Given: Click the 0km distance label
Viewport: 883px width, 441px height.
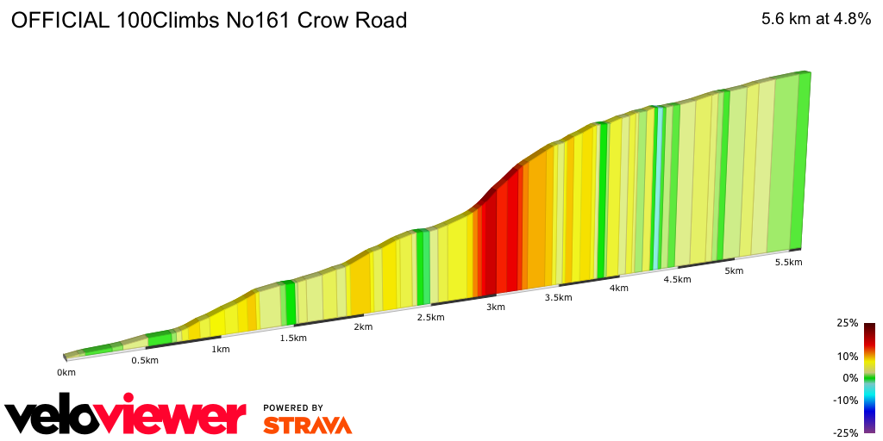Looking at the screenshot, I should (66, 372).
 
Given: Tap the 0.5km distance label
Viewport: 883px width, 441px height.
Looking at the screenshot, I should (145, 361).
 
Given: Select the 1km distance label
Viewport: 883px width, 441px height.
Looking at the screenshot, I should (220, 350).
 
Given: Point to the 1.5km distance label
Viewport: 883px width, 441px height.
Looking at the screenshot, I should (293, 339).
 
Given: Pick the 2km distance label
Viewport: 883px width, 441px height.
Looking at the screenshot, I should (363, 327).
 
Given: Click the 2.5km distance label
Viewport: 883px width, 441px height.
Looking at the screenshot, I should (430, 318).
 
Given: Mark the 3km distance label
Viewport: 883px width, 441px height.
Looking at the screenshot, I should (496, 307).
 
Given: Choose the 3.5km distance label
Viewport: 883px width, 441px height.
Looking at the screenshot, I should (559, 298).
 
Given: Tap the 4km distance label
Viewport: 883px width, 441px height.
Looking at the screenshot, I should (618, 289).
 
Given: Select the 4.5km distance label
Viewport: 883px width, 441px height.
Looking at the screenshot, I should (677, 280).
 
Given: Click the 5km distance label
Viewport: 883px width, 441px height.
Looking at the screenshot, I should (734, 271).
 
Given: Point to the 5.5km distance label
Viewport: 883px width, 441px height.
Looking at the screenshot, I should (789, 263).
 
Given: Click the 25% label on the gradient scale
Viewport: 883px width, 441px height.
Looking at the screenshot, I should (848, 323).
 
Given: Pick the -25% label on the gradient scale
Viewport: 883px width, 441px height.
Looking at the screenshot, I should (846, 433).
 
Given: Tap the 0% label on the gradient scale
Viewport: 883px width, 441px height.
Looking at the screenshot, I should (850, 378).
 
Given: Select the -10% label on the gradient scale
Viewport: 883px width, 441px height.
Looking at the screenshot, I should (846, 400).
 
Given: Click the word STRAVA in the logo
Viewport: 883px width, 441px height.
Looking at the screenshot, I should (307, 425).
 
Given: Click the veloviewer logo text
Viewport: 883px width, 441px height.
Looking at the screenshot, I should (125, 417).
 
